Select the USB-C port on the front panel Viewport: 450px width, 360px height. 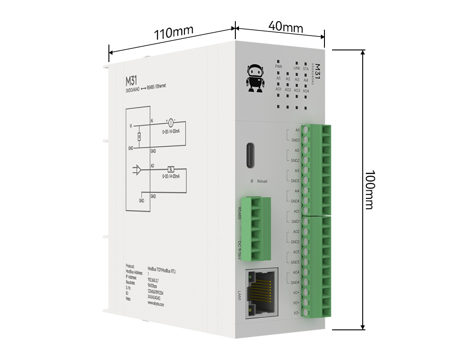(250, 156)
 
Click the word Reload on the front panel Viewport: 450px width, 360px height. (262, 181)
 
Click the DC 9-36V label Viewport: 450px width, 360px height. (239, 250)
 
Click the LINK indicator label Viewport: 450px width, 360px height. (297, 68)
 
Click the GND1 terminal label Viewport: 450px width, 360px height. (295, 140)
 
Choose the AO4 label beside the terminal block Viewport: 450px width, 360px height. (296, 272)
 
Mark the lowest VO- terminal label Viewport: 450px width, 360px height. (297, 313)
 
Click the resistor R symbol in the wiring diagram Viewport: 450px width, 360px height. (139, 136)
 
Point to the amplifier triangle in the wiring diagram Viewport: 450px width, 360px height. (141, 170)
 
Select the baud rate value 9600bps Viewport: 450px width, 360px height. (153, 285)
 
